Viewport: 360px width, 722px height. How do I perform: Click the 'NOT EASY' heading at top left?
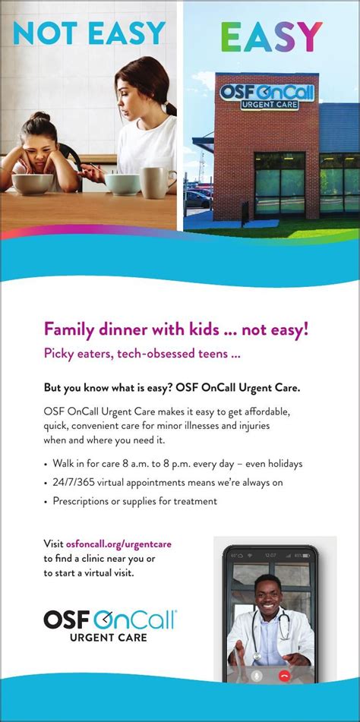90,34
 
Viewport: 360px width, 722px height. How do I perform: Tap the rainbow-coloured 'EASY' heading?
271,36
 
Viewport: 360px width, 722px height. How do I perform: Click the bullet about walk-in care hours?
175,463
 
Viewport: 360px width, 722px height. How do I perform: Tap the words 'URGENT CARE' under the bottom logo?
109,637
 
